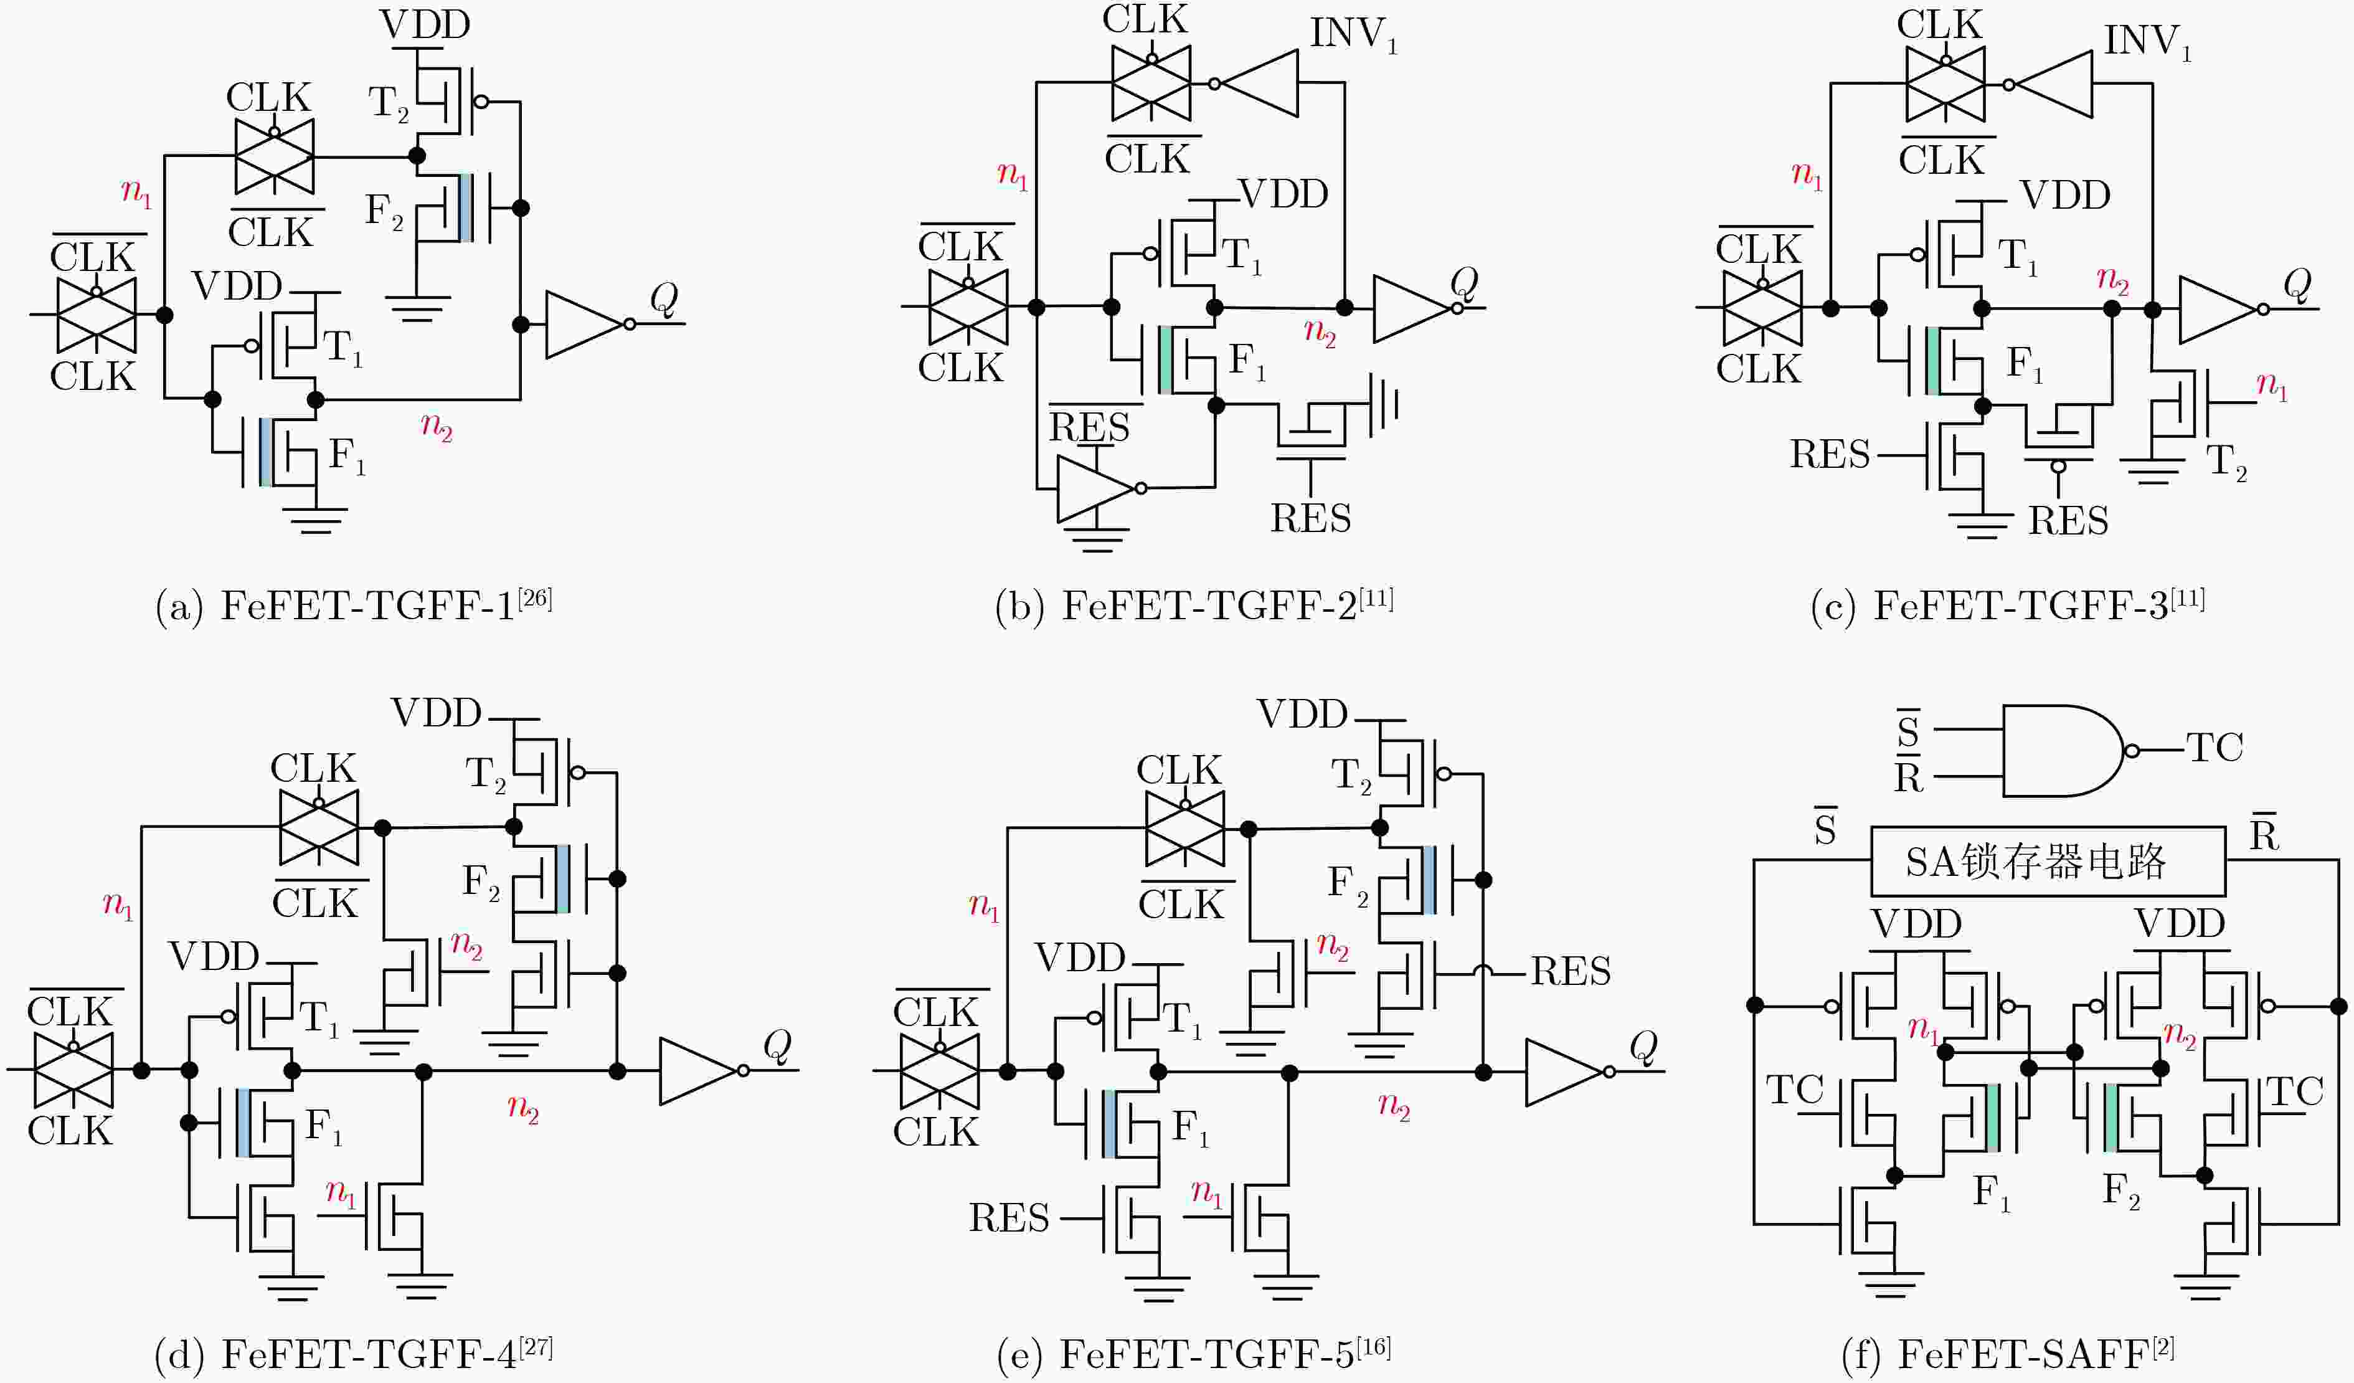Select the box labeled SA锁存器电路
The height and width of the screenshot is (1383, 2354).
[2048, 861]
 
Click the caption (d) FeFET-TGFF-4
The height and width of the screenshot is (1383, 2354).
[353, 1353]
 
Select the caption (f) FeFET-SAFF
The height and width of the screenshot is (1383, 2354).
[2008, 1353]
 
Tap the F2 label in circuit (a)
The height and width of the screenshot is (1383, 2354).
[384, 211]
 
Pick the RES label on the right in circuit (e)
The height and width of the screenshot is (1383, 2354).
[1571, 972]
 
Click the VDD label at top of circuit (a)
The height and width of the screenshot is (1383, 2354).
[425, 25]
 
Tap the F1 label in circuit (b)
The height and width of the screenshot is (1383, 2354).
[1247, 361]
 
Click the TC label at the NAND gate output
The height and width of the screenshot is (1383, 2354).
[2215, 748]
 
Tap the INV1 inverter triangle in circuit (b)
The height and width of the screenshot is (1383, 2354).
[1258, 83]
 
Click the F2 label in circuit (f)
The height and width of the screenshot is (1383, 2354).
[2120, 1191]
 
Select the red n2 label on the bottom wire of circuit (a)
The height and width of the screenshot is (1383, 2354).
[436, 427]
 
